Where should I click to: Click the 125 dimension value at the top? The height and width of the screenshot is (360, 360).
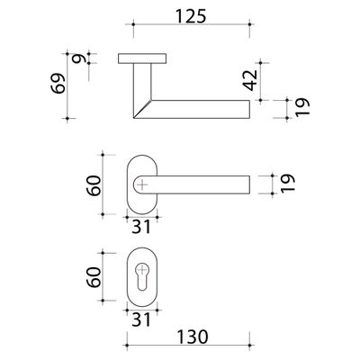(191, 16)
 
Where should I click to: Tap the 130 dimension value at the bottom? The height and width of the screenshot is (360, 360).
(192, 337)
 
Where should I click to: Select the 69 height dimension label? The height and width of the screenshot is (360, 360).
(58, 83)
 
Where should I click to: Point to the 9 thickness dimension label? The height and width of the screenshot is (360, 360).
(78, 58)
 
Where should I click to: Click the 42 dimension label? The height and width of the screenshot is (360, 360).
(251, 80)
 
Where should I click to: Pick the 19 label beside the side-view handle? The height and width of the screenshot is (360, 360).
(301, 107)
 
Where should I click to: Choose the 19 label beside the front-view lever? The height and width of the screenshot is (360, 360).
(288, 183)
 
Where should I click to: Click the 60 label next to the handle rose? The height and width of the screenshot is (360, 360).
(94, 185)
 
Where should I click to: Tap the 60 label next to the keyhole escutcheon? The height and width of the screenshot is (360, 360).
(94, 277)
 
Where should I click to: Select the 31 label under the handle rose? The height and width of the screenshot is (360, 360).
(141, 228)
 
